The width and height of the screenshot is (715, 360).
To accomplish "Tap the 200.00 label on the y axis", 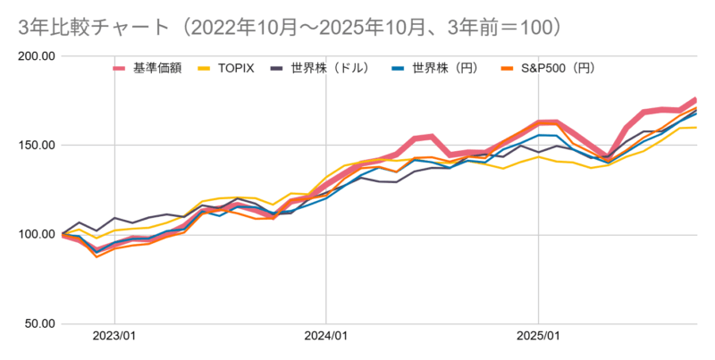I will point(37,56).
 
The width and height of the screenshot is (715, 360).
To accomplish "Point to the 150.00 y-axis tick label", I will point(37,146).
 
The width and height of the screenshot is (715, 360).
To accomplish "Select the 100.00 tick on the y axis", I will point(37,235).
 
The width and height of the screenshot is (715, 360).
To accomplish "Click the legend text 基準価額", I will point(157,68).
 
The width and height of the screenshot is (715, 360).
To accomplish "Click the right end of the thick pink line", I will point(695,99).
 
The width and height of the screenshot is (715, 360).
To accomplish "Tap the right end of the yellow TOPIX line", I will point(696,127).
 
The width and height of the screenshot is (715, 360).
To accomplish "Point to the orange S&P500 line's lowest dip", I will point(97,256).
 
